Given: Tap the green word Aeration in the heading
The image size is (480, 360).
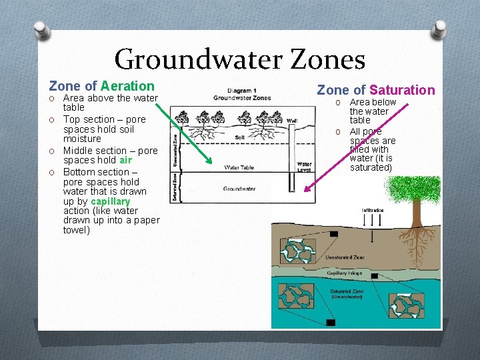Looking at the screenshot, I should pyautogui.click(x=127, y=86).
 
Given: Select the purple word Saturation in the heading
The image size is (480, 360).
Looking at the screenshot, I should pyautogui.click(x=402, y=90).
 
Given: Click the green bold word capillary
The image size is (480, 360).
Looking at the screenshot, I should pyautogui.click(x=110, y=201).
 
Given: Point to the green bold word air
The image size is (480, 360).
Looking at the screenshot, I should pyautogui.click(x=126, y=160).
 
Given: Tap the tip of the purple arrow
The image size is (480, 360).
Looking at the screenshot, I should pyautogui.click(x=305, y=191).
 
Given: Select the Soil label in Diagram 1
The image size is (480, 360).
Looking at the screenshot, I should pyautogui.click(x=240, y=137).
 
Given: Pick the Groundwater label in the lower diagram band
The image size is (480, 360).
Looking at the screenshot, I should pyautogui.click(x=239, y=189).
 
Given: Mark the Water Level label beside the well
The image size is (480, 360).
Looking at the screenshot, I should pyautogui.click(x=304, y=166).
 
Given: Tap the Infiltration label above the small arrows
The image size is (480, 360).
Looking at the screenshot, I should pyautogui.click(x=374, y=211).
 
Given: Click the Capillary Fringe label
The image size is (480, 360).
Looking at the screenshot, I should pyautogui.click(x=345, y=273).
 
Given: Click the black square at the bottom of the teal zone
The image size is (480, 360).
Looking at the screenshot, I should pyautogui.click(x=331, y=323).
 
